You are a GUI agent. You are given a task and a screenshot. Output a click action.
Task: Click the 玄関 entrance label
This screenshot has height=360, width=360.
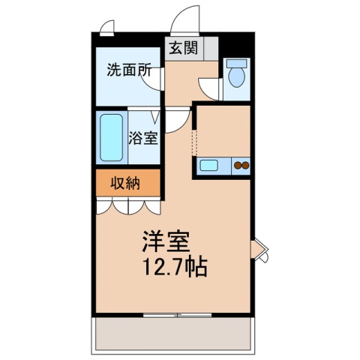(x=182, y=49)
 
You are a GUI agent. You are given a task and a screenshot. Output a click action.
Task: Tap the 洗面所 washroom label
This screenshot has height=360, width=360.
(x=129, y=72)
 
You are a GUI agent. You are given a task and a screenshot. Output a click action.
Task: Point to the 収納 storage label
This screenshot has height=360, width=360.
(x=127, y=183)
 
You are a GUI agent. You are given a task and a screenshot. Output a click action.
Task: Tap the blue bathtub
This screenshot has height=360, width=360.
(x=112, y=138)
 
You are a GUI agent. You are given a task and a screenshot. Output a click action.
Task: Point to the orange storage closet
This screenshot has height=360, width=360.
(x=127, y=183)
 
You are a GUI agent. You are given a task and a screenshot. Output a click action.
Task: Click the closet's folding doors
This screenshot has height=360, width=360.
(x=127, y=205)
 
